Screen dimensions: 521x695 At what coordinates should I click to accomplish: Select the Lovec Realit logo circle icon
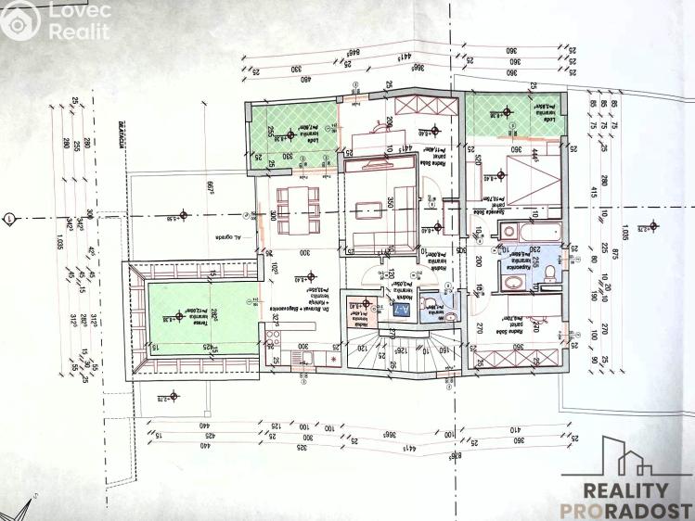coord(19,19)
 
